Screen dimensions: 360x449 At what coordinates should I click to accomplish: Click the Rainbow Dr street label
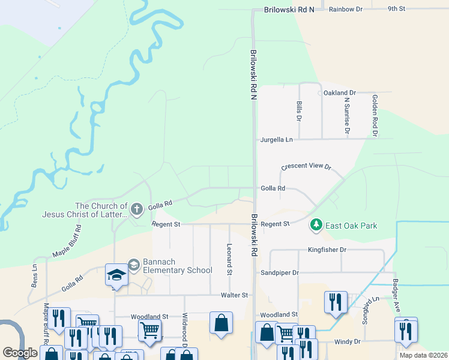pyautogui.click(x=346, y=9)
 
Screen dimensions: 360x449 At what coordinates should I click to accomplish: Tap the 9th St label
pyautogui.click(x=397, y=9)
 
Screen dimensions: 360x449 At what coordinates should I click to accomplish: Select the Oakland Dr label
pyautogui.click(x=340, y=93)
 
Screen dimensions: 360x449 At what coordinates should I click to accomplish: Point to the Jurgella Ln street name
pyautogui.click(x=276, y=139)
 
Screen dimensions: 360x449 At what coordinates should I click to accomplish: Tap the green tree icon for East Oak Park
pyautogui.click(x=316, y=225)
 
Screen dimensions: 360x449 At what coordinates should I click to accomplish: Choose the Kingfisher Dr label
pyautogui.click(x=327, y=250)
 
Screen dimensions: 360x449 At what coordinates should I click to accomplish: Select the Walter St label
pyautogui.click(x=234, y=295)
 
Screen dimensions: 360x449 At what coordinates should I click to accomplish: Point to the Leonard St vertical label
pyautogui.click(x=229, y=259)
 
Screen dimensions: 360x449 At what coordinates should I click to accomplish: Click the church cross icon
pyautogui.click(x=136, y=209)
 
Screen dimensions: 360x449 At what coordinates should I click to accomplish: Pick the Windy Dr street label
pyautogui.click(x=348, y=341)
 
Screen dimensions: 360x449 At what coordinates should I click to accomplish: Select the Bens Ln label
pyautogui.click(x=34, y=275)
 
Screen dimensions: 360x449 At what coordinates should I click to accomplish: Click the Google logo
pyautogui.click(x=20, y=353)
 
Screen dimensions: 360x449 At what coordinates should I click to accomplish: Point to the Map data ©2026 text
pyautogui.click(x=423, y=355)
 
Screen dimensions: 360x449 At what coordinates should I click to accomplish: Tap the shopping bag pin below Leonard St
pyautogui.click(x=221, y=322)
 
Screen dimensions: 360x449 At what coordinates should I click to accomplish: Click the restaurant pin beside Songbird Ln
pyautogui.click(x=335, y=302)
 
